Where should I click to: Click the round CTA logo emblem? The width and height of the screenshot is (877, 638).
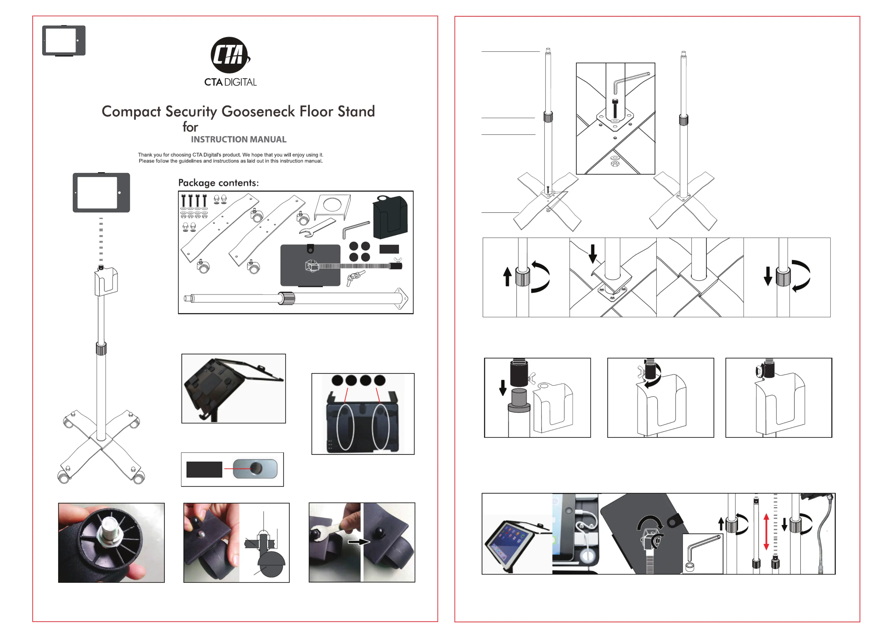(230, 55)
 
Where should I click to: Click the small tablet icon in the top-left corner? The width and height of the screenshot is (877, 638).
(64, 41)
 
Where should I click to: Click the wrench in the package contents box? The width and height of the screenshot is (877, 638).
(317, 228)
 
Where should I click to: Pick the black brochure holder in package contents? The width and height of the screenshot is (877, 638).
(390, 217)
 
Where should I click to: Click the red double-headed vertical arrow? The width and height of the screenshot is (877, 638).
(766, 532)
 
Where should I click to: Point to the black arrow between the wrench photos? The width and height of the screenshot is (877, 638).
(358, 542)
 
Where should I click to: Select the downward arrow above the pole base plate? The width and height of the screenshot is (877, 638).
(592, 253)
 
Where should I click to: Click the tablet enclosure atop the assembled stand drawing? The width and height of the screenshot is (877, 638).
(101, 192)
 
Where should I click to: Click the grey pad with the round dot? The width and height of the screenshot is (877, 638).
(255, 469)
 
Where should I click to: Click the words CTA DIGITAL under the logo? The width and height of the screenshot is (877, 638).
(231, 82)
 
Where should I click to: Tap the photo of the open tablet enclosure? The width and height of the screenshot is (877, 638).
(234, 388)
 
